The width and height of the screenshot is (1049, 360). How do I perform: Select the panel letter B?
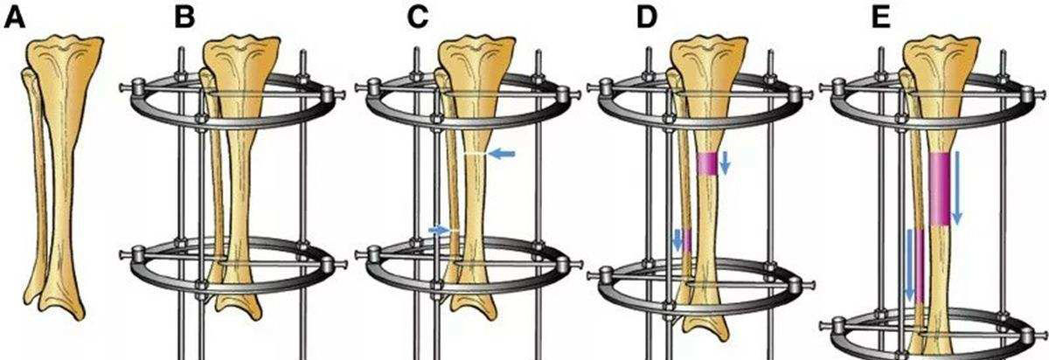(184, 18)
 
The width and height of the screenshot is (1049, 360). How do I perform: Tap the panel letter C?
(418, 18)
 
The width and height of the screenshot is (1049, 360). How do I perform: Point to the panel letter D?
(647, 18)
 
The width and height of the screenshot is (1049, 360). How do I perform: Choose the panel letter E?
(881, 18)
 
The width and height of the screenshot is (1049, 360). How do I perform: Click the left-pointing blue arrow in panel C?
(501, 154)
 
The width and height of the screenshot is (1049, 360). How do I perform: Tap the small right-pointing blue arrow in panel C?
(439, 230)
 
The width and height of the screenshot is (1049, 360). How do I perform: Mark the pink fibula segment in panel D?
(686, 240)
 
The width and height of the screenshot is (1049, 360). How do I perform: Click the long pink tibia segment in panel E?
(939, 189)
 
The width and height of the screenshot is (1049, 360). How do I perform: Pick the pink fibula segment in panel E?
(920, 267)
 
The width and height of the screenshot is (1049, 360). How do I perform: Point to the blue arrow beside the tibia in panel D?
(725, 163)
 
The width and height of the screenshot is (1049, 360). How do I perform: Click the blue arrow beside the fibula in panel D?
(677, 240)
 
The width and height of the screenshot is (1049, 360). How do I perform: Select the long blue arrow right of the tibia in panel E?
(956, 188)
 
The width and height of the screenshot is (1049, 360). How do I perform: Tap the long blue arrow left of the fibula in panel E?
(909, 265)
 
